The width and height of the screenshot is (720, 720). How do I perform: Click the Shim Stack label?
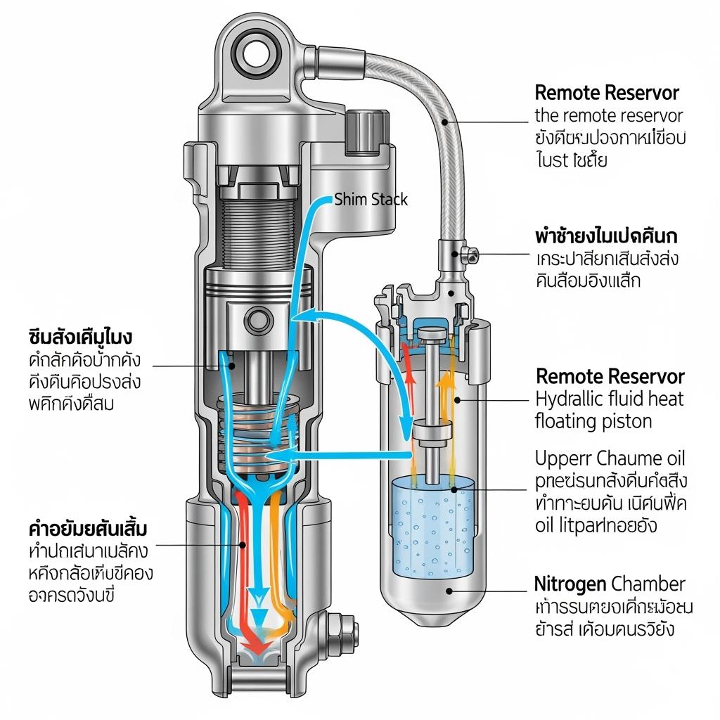371,200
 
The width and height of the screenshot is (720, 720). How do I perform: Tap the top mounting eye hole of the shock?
255,53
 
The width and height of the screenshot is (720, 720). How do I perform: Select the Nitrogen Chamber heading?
610,584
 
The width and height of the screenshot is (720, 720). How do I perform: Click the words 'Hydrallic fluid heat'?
610,399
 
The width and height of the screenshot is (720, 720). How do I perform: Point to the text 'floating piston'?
593,422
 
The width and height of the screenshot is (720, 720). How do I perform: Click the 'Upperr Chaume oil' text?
610,458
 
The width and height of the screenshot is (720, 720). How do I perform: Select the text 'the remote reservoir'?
609,115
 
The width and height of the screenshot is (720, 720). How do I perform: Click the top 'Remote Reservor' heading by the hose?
607,93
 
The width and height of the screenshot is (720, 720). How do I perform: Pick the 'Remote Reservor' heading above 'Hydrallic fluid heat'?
610,376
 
